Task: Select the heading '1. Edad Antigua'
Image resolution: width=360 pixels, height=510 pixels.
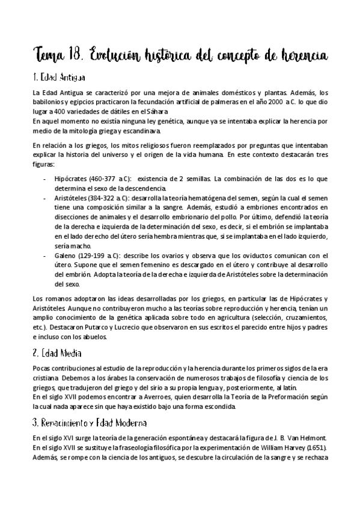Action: [58, 78]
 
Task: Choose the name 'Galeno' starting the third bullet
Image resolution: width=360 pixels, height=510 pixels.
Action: [65, 255]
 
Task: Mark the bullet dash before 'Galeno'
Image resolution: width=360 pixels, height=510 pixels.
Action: [45, 255]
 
